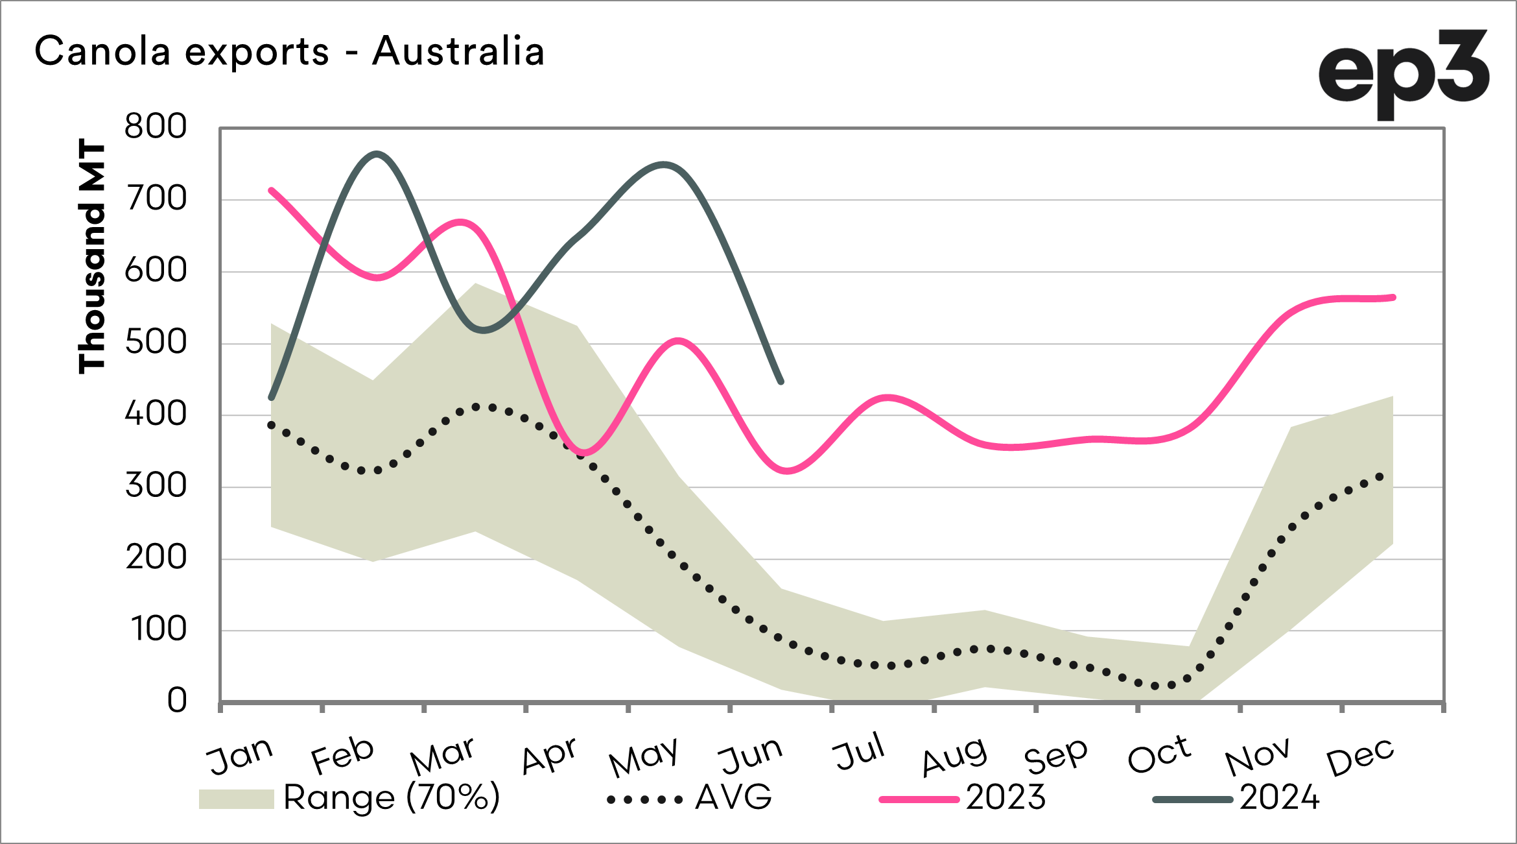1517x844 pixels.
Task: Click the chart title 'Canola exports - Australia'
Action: click(x=289, y=51)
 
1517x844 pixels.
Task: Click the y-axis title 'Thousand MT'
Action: click(x=91, y=256)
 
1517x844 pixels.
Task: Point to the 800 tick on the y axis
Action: click(x=156, y=127)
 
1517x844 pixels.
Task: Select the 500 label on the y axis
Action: click(x=156, y=343)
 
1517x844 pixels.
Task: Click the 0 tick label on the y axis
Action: click(x=177, y=701)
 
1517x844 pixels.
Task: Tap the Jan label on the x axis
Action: click(x=239, y=756)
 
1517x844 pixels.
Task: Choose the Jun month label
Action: click(x=751, y=756)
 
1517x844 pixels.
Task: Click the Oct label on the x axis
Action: click(x=1159, y=755)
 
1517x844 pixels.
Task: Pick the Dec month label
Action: click(x=1360, y=756)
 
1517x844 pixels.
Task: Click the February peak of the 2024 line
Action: click(x=377, y=154)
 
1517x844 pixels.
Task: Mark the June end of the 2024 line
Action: click(x=781, y=381)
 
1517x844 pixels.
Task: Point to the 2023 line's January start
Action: click(x=271, y=190)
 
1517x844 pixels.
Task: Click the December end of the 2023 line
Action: click(x=1393, y=298)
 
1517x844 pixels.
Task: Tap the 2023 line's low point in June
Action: click(x=786, y=471)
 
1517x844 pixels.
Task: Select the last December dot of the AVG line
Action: click(x=1380, y=477)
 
